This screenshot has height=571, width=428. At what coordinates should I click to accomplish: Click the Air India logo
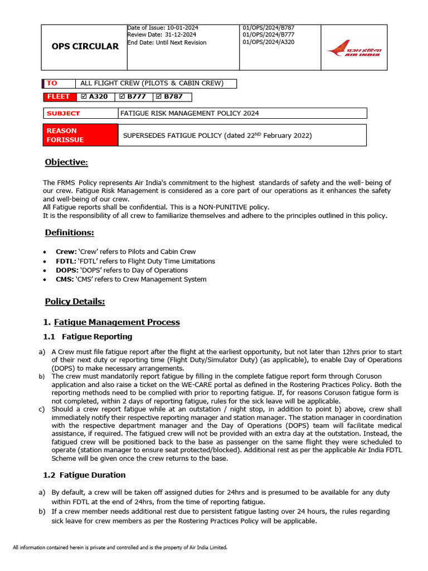353,48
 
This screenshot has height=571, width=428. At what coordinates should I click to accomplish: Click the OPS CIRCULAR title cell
85,46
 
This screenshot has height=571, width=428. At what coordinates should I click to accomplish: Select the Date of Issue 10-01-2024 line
163,28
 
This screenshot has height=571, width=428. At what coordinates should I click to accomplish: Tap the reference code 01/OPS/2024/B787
269,28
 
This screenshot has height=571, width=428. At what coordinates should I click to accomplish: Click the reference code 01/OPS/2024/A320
269,42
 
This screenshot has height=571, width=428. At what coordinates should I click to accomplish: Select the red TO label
52,84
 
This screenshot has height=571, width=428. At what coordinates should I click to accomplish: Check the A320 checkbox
85,97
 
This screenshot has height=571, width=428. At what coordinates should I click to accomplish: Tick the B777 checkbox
123,97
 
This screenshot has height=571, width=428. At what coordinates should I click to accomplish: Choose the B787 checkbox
160,97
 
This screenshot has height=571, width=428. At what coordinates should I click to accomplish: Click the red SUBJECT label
63,113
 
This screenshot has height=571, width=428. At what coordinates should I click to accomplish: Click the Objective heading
66,162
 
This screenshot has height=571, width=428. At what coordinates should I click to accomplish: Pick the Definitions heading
69,233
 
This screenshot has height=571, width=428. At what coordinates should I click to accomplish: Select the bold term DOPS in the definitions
66,270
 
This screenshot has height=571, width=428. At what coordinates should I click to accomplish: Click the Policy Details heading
75,302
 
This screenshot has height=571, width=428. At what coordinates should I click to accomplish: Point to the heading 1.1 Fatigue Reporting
88,337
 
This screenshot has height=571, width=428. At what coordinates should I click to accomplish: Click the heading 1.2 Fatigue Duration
84,475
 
